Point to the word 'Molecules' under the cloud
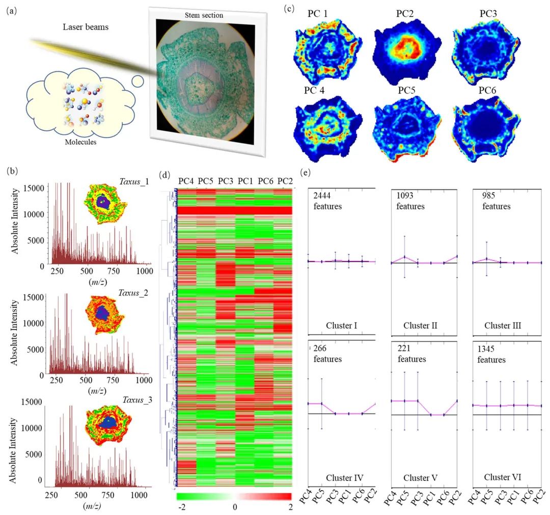80,142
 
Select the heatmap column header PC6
266,181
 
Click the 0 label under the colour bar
234,507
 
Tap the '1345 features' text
491,354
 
